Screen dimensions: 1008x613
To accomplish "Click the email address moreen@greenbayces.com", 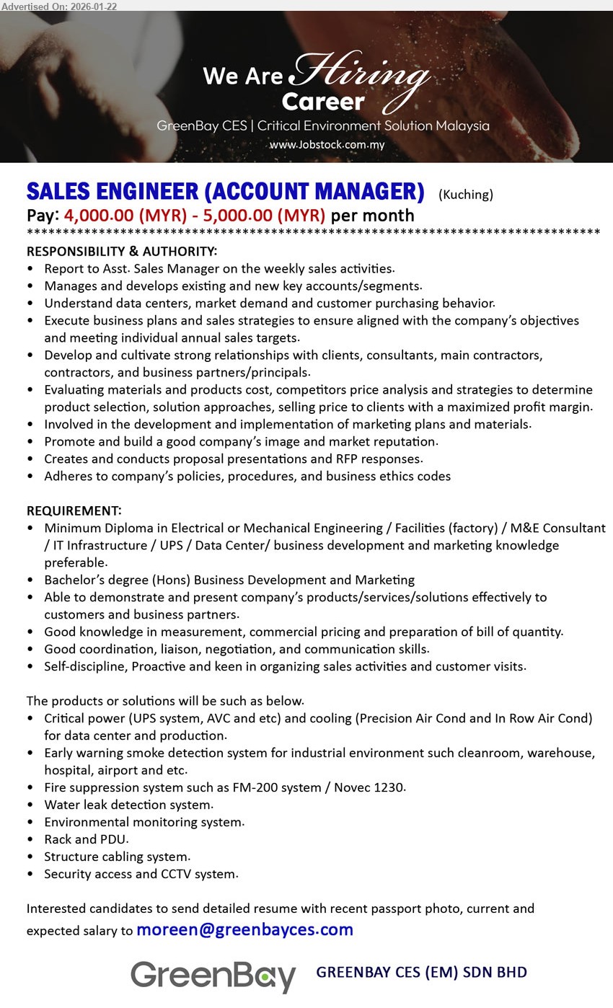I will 244,930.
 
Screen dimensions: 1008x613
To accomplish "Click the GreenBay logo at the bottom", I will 213,976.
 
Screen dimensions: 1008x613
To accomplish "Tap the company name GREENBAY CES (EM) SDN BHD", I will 421,973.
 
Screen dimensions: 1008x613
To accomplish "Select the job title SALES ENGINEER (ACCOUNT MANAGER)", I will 225,192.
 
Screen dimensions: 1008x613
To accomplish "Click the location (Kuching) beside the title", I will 466,194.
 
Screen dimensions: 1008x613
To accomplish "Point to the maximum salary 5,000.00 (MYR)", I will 264,216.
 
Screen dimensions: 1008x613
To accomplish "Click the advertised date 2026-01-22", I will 92,6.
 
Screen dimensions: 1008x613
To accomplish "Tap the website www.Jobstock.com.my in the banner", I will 327,145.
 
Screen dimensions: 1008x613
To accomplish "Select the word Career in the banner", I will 323,102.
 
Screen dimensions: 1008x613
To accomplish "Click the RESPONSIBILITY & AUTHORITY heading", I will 122,252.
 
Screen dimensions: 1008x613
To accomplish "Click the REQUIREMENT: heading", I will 74,511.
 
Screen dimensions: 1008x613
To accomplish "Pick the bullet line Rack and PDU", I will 86,839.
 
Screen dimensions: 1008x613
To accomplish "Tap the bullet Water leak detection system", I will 128,805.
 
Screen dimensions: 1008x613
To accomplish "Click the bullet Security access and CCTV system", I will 141,874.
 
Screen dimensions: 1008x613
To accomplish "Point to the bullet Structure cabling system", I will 117,857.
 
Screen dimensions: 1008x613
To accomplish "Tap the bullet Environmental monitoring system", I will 144,822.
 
